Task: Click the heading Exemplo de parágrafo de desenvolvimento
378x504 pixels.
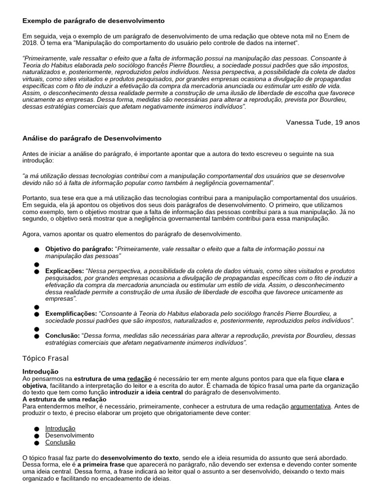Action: tap(94, 21)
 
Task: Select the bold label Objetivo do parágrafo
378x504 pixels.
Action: tap(79, 249)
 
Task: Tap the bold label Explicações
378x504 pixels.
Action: tap(64, 271)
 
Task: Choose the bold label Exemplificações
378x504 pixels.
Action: tap(71, 314)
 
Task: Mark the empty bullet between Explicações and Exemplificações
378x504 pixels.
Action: tap(36, 307)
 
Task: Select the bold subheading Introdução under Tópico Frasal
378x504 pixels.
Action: tap(40, 371)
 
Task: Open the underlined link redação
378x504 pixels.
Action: tap(140, 378)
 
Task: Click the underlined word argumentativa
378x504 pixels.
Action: tap(312, 406)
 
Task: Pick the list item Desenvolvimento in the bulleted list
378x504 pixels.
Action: tap(69, 435)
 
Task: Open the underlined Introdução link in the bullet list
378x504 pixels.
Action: tap(60, 428)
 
